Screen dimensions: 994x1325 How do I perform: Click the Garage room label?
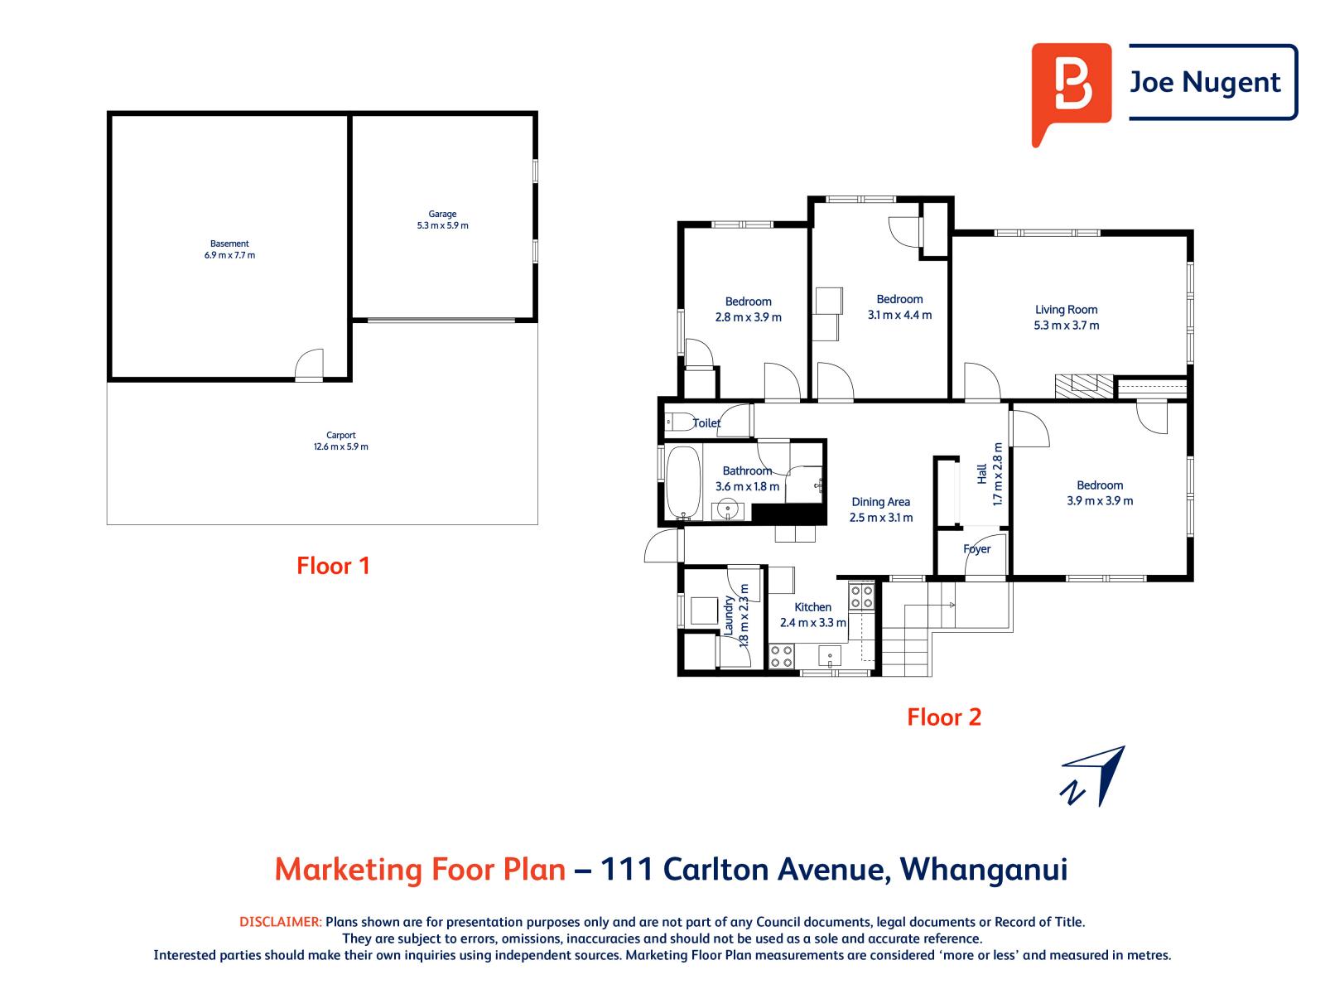click(443, 214)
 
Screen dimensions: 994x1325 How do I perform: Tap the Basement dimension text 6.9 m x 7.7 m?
click(229, 255)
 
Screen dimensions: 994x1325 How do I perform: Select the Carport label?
click(341, 435)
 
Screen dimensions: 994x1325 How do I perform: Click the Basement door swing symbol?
click(310, 364)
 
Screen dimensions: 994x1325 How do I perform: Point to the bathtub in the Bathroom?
click(683, 481)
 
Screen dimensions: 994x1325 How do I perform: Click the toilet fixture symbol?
click(677, 422)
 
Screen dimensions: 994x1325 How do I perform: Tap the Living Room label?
click(1066, 310)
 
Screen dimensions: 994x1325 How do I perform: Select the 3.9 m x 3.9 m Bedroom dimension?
click(1100, 500)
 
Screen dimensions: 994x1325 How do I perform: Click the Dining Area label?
click(880, 502)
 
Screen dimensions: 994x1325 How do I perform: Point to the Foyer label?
click(977, 549)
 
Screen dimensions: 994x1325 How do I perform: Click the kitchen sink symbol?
click(830, 657)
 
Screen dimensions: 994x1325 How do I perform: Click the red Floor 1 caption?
click(333, 566)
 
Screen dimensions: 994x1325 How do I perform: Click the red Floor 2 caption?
click(944, 717)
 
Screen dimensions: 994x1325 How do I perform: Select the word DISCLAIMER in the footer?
click(280, 922)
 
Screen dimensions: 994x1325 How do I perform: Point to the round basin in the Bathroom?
click(729, 509)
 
